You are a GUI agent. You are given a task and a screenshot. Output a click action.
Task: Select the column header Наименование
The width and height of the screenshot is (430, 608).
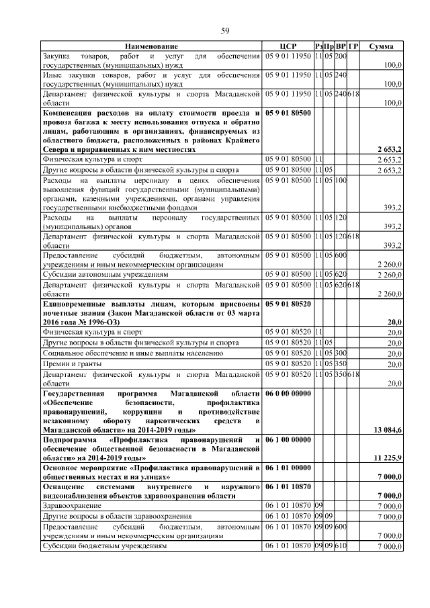click(x=150, y=46)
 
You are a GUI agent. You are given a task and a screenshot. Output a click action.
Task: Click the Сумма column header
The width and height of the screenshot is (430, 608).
click(x=382, y=46)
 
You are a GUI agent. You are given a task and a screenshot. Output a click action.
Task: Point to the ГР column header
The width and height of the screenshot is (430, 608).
click(x=353, y=46)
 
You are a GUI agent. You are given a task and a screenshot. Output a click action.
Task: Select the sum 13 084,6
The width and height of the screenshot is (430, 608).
click(x=388, y=429)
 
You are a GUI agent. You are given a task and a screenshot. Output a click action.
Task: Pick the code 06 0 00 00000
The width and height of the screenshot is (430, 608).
click(x=288, y=392)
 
